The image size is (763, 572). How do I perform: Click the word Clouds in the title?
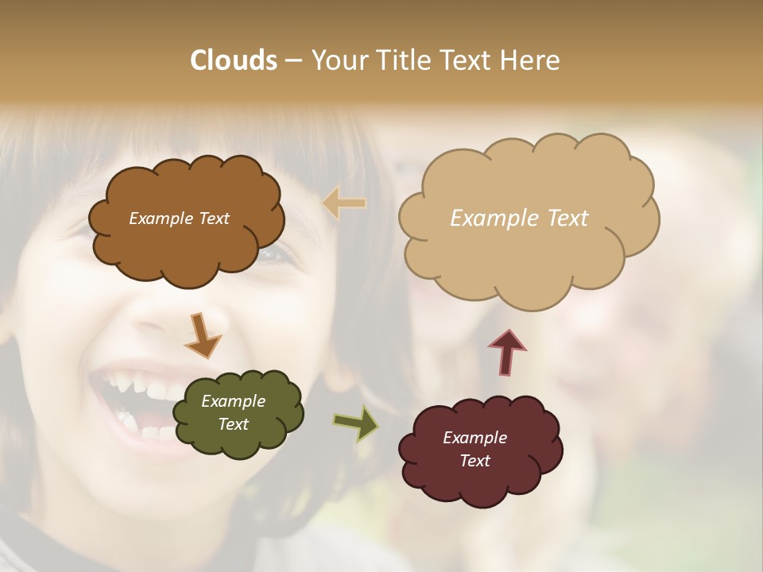click(x=233, y=60)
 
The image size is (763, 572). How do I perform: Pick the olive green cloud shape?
click(x=237, y=441)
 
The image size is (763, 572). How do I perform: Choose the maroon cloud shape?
click(x=481, y=485)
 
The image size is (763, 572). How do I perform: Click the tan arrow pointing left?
click(x=344, y=203)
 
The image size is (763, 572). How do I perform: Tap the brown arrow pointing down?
click(x=203, y=335)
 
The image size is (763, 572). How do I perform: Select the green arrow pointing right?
click(x=356, y=423)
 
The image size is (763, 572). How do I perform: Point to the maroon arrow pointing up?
click(x=507, y=351)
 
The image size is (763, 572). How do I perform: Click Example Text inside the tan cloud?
click(x=519, y=218)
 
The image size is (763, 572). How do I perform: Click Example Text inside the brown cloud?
click(x=179, y=218)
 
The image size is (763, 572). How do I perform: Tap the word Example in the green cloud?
click(x=233, y=401)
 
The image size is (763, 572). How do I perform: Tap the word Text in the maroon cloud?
click(x=474, y=461)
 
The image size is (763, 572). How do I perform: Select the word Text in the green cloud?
click(x=233, y=424)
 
